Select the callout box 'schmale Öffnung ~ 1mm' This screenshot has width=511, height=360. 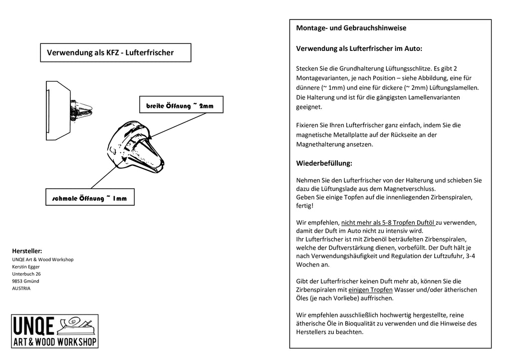(x=89, y=198)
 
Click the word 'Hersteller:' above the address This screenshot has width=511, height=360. (x=27, y=251)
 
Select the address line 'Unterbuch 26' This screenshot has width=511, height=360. (x=26, y=274)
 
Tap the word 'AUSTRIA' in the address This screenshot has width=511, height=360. (x=21, y=288)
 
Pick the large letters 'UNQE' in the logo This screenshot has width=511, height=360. (x=35, y=326)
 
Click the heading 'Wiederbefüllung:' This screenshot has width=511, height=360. (x=324, y=163)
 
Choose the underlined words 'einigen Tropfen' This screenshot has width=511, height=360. (x=370, y=290)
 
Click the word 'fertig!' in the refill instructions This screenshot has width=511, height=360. (x=304, y=205)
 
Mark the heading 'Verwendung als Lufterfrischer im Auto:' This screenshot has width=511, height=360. (x=359, y=49)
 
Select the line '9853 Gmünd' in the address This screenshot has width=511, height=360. (x=25, y=281)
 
